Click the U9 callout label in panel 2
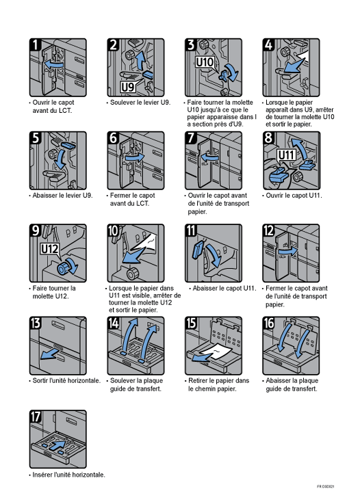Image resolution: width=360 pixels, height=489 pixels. (x=127, y=87)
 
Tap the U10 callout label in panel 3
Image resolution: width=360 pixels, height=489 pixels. (x=205, y=62)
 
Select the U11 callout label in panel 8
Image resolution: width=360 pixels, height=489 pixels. (x=286, y=155)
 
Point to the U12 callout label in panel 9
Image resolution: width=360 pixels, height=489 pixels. (x=50, y=249)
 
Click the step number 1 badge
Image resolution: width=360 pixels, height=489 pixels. (x=36, y=44)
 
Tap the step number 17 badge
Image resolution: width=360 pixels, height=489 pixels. (x=36, y=417)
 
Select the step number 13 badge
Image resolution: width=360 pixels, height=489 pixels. (x=36, y=323)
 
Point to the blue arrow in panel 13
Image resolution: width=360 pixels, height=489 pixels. (x=49, y=354)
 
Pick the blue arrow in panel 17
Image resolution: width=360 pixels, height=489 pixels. (x=57, y=445)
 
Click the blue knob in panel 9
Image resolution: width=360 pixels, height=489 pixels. (x=64, y=267)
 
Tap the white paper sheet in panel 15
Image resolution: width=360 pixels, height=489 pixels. (x=216, y=352)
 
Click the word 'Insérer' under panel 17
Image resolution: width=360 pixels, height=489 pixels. (x=42, y=475)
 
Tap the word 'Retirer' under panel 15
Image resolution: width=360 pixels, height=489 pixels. (x=198, y=380)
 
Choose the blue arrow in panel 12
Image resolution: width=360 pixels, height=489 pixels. (x=288, y=252)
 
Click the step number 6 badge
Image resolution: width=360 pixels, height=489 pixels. (x=113, y=137)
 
